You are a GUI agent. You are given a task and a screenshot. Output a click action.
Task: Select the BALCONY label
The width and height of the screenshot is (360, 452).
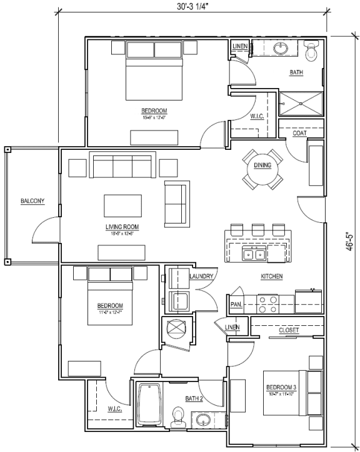(32, 200)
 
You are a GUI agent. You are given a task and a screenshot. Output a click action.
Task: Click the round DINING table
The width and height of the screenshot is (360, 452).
(262, 166)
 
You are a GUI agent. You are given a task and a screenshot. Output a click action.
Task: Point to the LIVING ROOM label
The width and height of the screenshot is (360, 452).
(122, 227)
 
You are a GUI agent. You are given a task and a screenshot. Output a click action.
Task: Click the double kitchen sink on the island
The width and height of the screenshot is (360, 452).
(254, 254)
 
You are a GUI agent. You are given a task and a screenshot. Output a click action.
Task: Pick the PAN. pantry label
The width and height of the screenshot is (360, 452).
(236, 305)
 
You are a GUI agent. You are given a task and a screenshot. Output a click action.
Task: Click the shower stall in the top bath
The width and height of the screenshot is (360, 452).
(301, 104)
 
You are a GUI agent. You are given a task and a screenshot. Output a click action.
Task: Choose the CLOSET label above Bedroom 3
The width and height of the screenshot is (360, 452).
(288, 330)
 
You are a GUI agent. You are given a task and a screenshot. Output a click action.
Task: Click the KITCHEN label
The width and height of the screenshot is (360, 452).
(272, 276)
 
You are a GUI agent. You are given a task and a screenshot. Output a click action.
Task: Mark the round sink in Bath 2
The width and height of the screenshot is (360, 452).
(202, 420)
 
